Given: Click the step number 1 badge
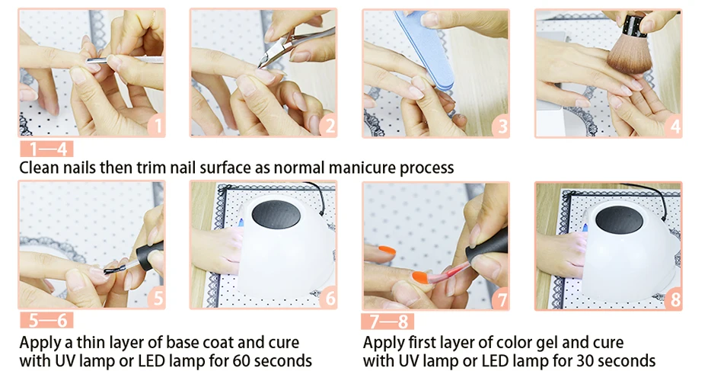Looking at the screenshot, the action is point(157,126).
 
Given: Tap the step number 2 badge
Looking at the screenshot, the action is point(329,126).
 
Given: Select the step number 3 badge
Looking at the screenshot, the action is point(501,126).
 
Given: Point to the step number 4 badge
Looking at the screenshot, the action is point(674,126).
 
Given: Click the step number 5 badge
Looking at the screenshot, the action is point(157,298).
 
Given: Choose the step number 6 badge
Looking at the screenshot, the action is point(329,298).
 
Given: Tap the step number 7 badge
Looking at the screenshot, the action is point(501,299).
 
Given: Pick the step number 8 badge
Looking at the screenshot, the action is point(674,299).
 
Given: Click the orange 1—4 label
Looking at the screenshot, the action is point(46,149).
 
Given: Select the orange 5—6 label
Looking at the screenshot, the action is point(46,320).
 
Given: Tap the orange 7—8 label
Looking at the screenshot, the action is point(387,321).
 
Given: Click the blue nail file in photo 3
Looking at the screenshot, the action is point(423,50).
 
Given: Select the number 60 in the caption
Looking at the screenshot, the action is point(241,360).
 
